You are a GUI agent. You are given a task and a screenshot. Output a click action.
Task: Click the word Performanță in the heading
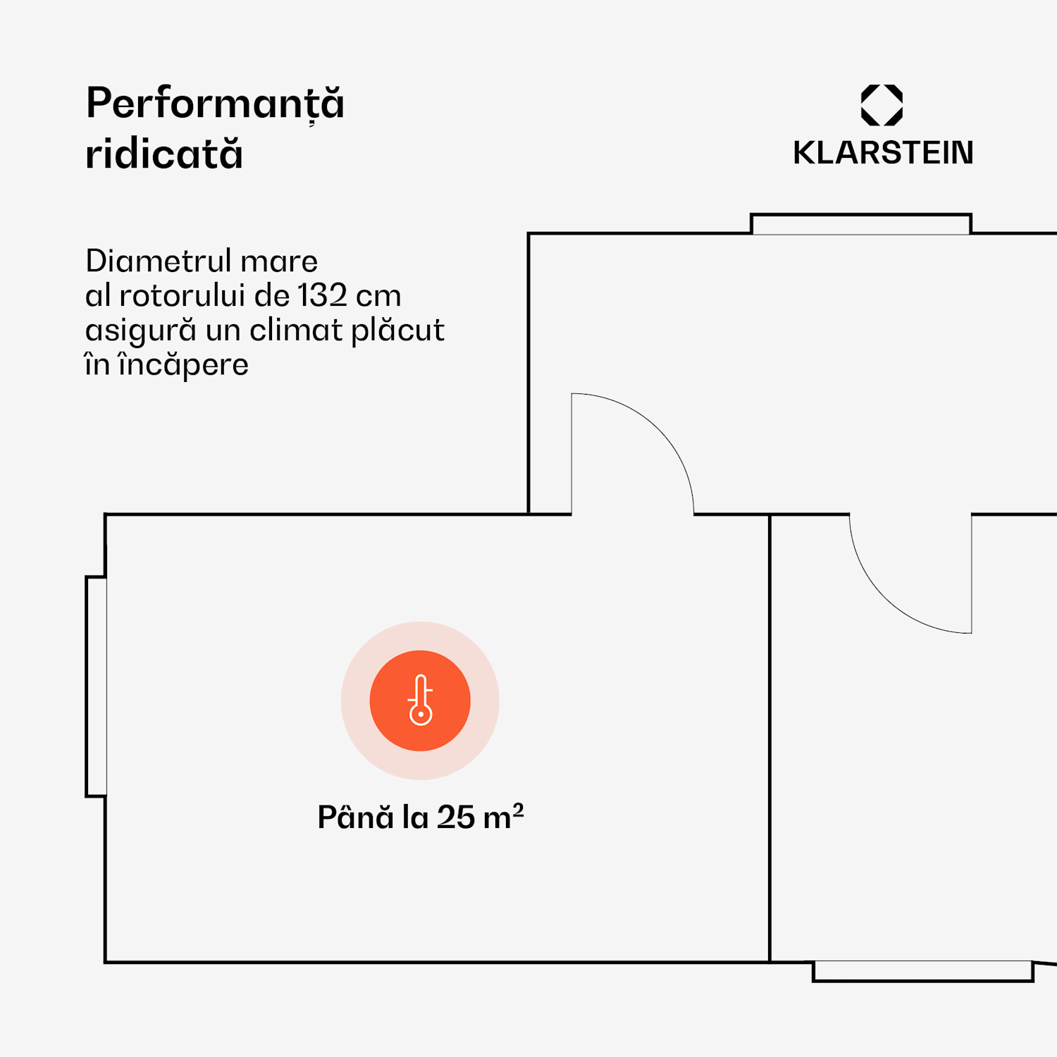click(215, 104)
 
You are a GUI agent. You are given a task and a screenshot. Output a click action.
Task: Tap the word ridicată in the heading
click(164, 154)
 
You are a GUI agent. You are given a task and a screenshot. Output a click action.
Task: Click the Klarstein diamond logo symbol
click(882, 105)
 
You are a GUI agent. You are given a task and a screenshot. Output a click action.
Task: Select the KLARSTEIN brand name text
click(883, 153)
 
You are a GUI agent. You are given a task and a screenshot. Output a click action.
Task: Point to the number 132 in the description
click(322, 296)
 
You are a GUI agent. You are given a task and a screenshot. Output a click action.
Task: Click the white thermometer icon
click(421, 700)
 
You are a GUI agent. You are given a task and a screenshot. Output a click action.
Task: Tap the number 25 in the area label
click(456, 817)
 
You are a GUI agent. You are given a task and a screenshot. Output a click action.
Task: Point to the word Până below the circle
click(355, 817)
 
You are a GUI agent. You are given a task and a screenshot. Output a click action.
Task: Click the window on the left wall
click(97, 686)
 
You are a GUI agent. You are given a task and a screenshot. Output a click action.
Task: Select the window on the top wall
click(860, 224)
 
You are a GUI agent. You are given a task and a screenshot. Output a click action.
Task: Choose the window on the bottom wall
click(922, 971)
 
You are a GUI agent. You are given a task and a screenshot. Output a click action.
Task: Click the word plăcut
click(397, 330)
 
